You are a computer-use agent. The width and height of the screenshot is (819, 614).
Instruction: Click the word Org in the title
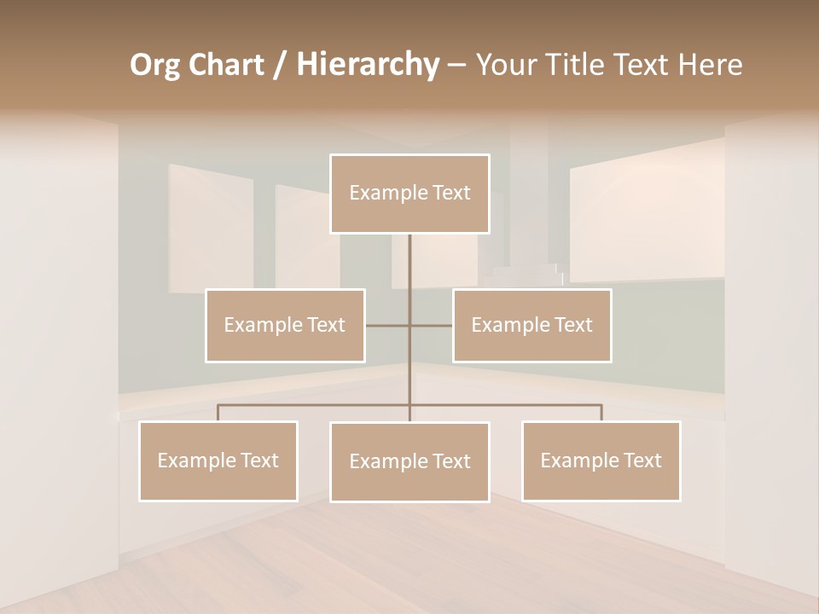coord(155,65)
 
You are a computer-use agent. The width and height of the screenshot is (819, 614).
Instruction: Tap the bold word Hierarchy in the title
coord(368,65)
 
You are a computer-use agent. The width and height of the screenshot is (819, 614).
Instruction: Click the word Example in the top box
coord(380,193)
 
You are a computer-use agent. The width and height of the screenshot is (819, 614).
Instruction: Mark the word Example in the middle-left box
coord(255,325)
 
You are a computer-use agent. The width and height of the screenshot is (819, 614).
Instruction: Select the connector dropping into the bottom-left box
coord(218,413)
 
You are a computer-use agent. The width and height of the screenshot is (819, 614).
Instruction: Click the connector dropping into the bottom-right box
coord(601,413)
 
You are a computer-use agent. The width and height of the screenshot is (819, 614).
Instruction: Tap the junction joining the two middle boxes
coord(409,325)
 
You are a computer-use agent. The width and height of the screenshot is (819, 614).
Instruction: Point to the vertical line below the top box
coord(409,264)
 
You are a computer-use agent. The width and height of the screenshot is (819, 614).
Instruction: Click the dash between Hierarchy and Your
coord(456,65)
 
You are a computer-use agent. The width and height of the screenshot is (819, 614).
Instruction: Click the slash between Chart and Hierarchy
coord(280,65)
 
